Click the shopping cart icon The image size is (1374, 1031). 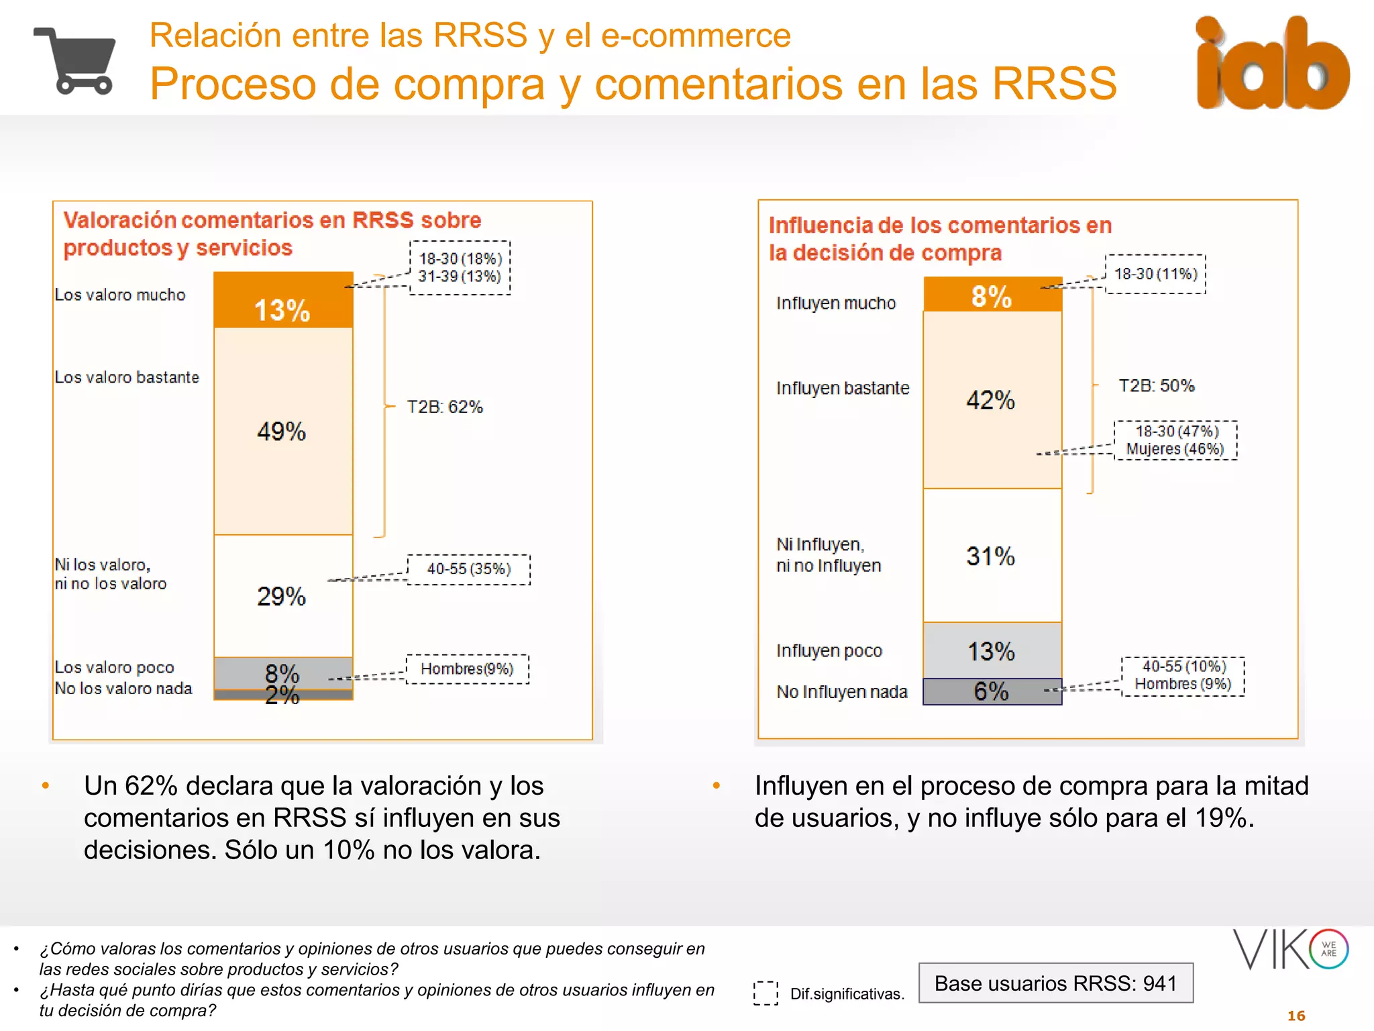pos(75,61)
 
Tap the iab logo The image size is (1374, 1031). pos(1271,64)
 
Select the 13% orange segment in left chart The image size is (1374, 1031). pos(283,301)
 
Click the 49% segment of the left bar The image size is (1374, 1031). pos(283,431)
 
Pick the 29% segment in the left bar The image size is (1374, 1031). pos(283,596)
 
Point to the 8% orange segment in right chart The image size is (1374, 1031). pos(992,295)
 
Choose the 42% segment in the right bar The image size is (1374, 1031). pos(992,400)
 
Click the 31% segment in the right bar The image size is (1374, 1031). pos(992,556)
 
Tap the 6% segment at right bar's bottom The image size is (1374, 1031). pos(992,692)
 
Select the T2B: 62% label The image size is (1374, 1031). pos(445,407)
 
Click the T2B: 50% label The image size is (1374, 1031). pos(1156,386)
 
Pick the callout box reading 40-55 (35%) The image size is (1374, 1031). pos(468,569)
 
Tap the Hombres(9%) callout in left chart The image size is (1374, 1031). pos(467,669)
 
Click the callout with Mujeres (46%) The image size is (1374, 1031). pos(1175,440)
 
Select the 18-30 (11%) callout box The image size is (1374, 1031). pos(1155,274)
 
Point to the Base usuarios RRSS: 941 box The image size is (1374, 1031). pos(1055,983)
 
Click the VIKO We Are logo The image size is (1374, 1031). pos(1290,949)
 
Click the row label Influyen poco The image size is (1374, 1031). pos(829,651)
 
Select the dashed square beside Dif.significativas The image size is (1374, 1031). pos(765,993)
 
